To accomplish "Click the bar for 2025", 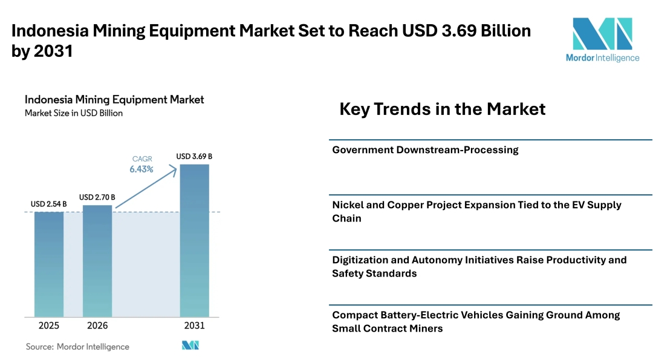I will coord(49,264).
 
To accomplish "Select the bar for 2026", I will coord(97,261).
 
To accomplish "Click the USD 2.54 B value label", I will coord(49,204).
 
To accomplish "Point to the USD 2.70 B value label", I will coord(97,197).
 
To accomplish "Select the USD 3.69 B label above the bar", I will coord(194,156).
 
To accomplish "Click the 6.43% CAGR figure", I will coord(141,169).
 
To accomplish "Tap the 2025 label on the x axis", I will coord(49,326).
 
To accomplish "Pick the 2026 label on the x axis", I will coord(97,326).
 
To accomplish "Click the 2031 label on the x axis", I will coord(194,326).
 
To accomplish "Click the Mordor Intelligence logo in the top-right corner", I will coord(602,39).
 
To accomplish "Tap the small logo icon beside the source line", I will coord(190,345).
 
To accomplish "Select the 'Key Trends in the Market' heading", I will coord(442,109).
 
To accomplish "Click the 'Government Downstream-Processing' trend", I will coord(425,150).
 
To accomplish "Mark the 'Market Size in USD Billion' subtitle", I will coord(74,113).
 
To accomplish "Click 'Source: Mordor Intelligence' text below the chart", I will coord(77,347).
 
